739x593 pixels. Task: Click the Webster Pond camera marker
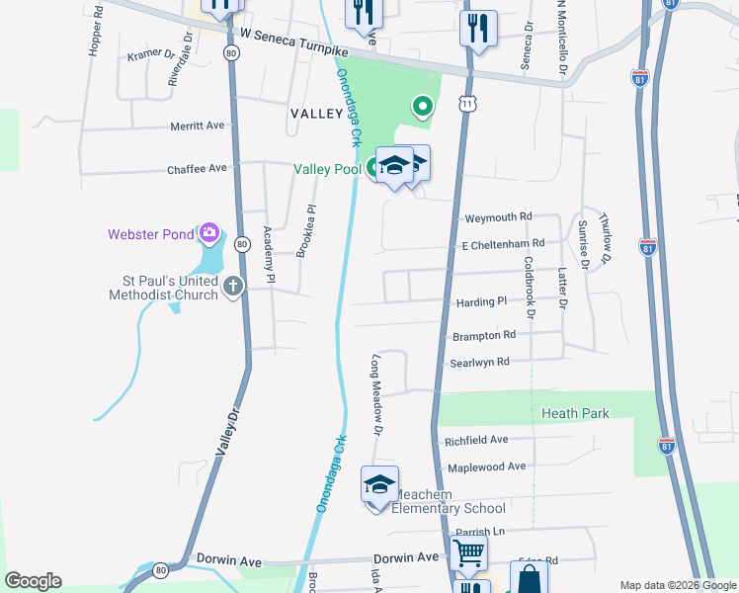pyautogui.click(x=208, y=233)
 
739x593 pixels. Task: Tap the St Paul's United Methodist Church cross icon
pyautogui.click(x=233, y=287)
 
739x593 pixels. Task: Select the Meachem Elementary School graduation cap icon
pyautogui.click(x=378, y=484)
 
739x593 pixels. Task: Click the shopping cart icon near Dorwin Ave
pyautogui.click(x=467, y=551)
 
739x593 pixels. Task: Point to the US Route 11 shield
pyautogui.click(x=467, y=103)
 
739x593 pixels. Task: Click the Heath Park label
pyautogui.click(x=575, y=413)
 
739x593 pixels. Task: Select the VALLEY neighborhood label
pyautogui.click(x=316, y=114)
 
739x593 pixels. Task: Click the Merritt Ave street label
pyautogui.click(x=197, y=126)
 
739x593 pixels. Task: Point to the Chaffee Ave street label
pyautogui.click(x=197, y=168)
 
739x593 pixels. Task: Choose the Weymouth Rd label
pyautogui.click(x=498, y=216)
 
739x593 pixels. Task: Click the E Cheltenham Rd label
pyautogui.click(x=503, y=243)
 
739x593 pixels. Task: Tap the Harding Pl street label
pyautogui.click(x=481, y=300)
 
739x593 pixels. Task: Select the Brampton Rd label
pyautogui.click(x=484, y=335)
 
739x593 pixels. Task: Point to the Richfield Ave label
pyautogui.click(x=476, y=439)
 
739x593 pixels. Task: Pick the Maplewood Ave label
pyautogui.click(x=486, y=466)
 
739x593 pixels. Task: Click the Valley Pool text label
pyautogui.click(x=327, y=169)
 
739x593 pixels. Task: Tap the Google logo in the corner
pyautogui.click(x=33, y=581)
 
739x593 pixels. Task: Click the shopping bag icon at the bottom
pyautogui.click(x=529, y=579)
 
